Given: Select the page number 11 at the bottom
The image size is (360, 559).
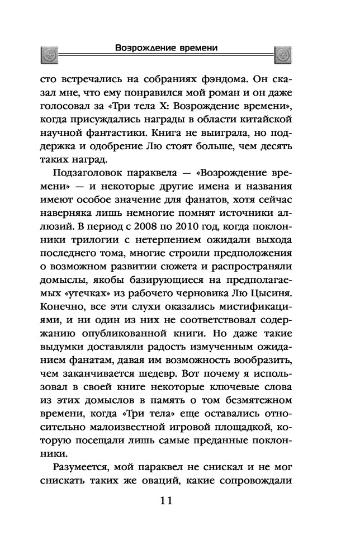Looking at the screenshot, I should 166,499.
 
